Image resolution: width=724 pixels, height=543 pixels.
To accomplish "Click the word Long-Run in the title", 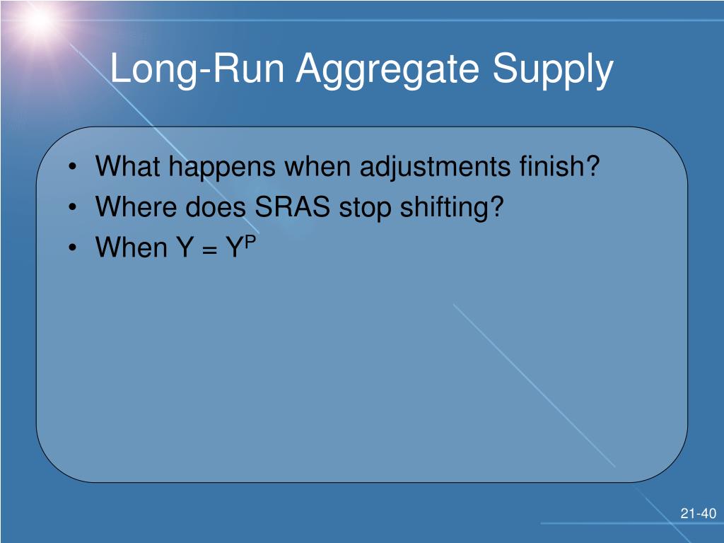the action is click(197, 69).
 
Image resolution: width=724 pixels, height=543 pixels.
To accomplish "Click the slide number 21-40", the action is click(698, 513).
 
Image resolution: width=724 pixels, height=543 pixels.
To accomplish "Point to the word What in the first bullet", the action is click(127, 165).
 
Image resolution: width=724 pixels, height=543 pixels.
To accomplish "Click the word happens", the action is click(222, 168).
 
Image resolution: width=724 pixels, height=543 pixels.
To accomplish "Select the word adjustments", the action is click(435, 168).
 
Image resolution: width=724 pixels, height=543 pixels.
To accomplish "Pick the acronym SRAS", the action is click(292, 206).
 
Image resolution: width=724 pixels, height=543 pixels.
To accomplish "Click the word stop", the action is click(366, 209).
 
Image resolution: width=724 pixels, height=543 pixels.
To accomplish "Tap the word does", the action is click(216, 206).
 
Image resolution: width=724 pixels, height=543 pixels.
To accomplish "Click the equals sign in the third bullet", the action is click(209, 250).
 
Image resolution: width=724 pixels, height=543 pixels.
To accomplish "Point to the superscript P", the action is click(250, 243).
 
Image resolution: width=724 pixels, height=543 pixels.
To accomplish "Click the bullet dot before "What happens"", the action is click(72, 167).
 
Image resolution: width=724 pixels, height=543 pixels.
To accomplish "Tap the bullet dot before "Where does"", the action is click(72, 208).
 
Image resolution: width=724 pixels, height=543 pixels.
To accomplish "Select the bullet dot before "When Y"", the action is click(72, 248).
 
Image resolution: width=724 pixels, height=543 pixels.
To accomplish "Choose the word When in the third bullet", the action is click(132, 247).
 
